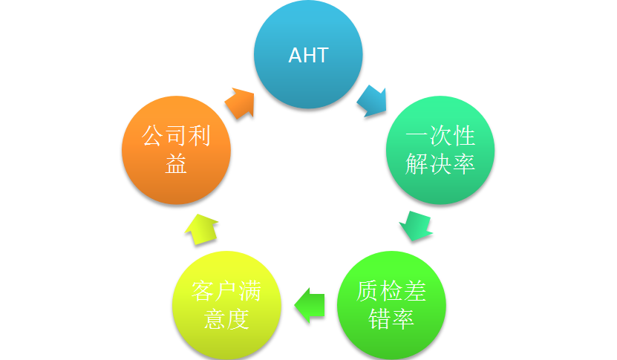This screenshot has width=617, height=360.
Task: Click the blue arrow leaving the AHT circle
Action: pyautogui.click(x=371, y=101)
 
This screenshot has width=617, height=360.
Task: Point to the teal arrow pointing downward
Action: pyautogui.click(x=416, y=226)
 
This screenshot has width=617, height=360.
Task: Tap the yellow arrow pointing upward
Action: pyautogui.click(x=200, y=229)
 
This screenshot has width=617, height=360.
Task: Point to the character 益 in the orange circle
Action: pyautogui.click(x=177, y=164)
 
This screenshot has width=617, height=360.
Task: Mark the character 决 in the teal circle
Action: pyautogui.click(x=440, y=164)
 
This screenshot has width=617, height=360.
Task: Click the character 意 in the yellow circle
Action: pyautogui.click(x=215, y=319)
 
